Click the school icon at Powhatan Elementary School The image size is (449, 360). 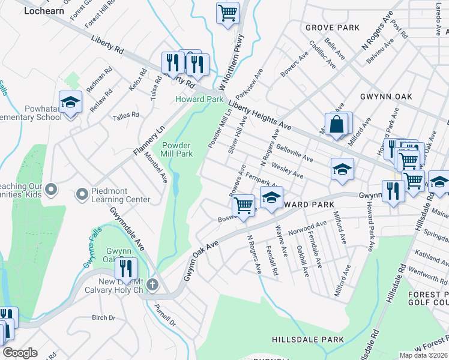(70, 103)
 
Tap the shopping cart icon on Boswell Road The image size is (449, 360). (243, 205)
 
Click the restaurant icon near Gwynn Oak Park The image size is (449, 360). (126, 268)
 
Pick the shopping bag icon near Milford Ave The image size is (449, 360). (337, 125)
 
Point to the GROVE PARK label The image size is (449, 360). (332, 28)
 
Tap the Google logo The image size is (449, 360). (20, 353)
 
